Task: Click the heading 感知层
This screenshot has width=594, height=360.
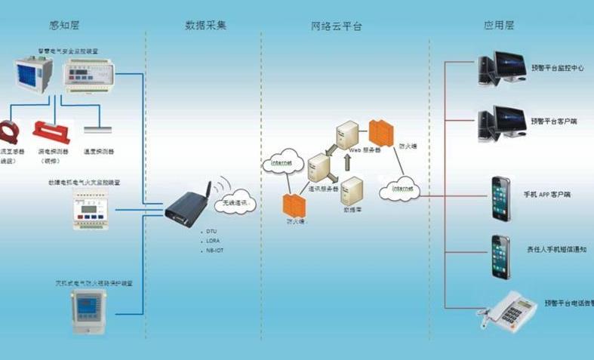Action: tap(65, 26)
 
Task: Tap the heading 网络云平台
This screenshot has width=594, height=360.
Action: tap(337, 26)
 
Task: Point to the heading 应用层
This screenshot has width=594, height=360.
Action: tap(499, 26)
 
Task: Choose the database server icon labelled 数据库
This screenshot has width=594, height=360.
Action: tap(352, 189)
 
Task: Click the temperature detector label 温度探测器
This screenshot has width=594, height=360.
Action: tap(99, 151)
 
